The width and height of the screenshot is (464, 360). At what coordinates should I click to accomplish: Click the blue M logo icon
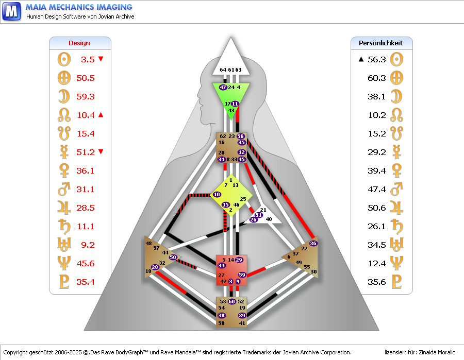(x=11, y=11)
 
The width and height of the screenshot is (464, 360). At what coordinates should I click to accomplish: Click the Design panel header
(x=79, y=43)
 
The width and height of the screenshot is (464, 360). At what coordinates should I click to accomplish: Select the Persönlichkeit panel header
(x=380, y=43)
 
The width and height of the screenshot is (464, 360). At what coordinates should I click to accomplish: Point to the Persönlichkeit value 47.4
(x=377, y=190)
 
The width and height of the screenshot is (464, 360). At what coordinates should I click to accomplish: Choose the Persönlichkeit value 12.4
(x=377, y=264)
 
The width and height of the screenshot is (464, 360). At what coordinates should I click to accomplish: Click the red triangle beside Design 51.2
(x=101, y=151)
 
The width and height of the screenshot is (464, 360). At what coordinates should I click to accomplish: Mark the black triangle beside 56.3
(x=361, y=59)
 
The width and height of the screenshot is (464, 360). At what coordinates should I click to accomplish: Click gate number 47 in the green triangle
(x=223, y=88)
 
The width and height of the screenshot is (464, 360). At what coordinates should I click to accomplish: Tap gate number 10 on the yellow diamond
(x=217, y=195)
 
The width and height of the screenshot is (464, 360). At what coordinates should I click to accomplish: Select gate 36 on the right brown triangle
(x=313, y=243)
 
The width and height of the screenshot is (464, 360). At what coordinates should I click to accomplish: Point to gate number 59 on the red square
(x=242, y=275)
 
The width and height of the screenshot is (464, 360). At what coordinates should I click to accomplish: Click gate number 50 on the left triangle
(x=173, y=257)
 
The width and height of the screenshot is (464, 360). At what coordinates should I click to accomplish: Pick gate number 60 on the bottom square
(x=232, y=301)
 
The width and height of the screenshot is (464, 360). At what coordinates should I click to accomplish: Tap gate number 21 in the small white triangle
(x=263, y=210)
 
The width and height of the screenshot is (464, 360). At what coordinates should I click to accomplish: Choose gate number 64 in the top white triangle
(x=223, y=70)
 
